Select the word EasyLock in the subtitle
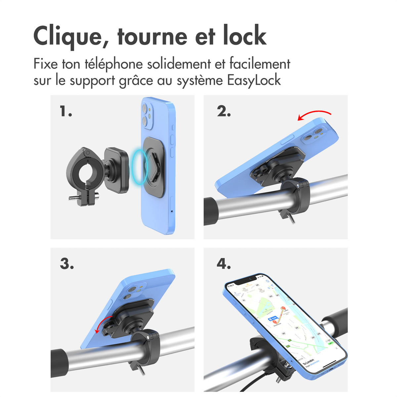pos(254,80)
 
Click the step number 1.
pos(66,111)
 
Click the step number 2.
pos(224,111)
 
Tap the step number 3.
pos(66,264)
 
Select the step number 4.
pos(224,264)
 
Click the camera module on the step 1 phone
pos(147,116)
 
